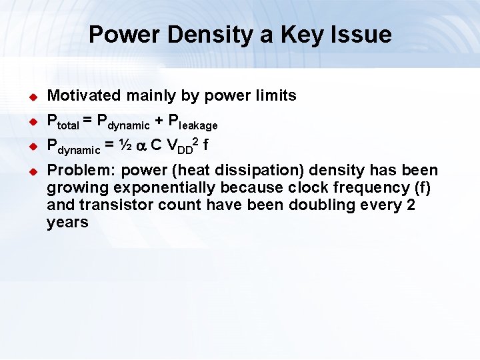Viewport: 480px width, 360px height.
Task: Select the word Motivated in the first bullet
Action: [83, 96]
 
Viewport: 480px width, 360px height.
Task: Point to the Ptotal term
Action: [63, 123]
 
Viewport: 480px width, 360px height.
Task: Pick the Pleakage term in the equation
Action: [193, 123]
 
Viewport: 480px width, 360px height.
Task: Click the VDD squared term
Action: [181, 145]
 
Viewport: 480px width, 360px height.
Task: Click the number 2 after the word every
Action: [410, 205]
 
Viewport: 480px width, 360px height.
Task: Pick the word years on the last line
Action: [67, 223]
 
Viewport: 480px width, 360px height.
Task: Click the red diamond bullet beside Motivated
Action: [31, 97]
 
